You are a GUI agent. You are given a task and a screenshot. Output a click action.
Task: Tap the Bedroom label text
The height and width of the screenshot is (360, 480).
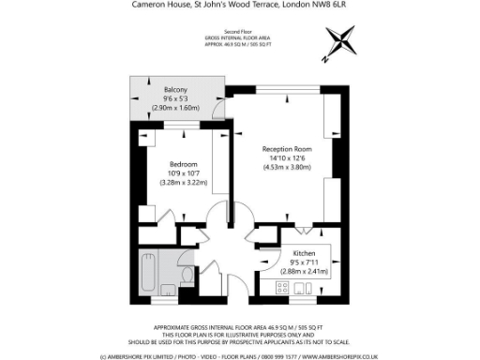(182, 165)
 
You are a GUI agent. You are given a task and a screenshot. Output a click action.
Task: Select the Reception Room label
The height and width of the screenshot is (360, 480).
(286, 148)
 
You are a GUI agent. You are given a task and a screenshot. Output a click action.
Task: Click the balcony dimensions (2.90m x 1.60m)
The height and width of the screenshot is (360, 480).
(175, 108)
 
